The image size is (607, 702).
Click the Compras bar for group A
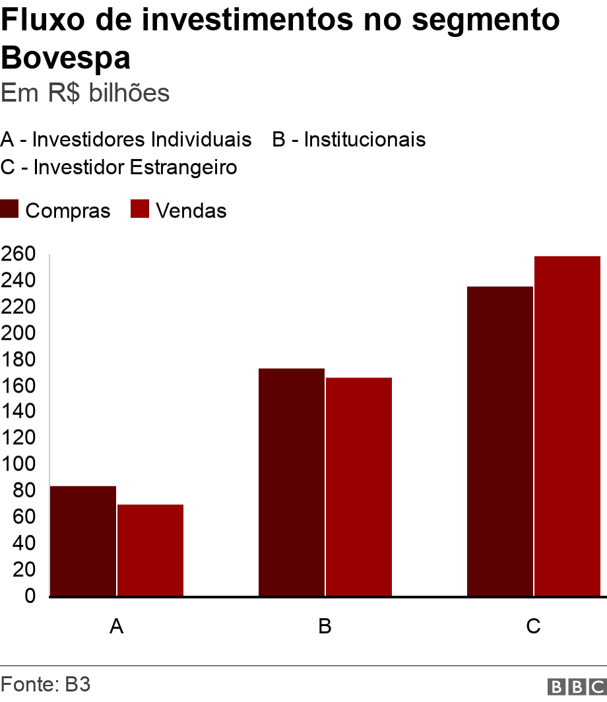[x=83, y=541]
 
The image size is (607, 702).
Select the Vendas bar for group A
[x=150, y=550]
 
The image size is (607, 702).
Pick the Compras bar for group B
[x=291, y=482]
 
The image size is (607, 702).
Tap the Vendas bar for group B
[x=359, y=487]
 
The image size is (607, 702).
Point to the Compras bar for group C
[x=499, y=441]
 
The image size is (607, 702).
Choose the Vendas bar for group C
[x=567, y=426]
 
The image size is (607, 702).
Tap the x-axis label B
[x=325, y=626]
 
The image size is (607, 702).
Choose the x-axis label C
[x=533, y=626]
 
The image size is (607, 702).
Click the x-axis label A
[x=116, y=626]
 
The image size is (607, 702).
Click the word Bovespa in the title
[x=65, y=58]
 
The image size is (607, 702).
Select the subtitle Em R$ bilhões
[x=85, y=93]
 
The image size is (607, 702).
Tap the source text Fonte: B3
[x=45, y=684]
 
